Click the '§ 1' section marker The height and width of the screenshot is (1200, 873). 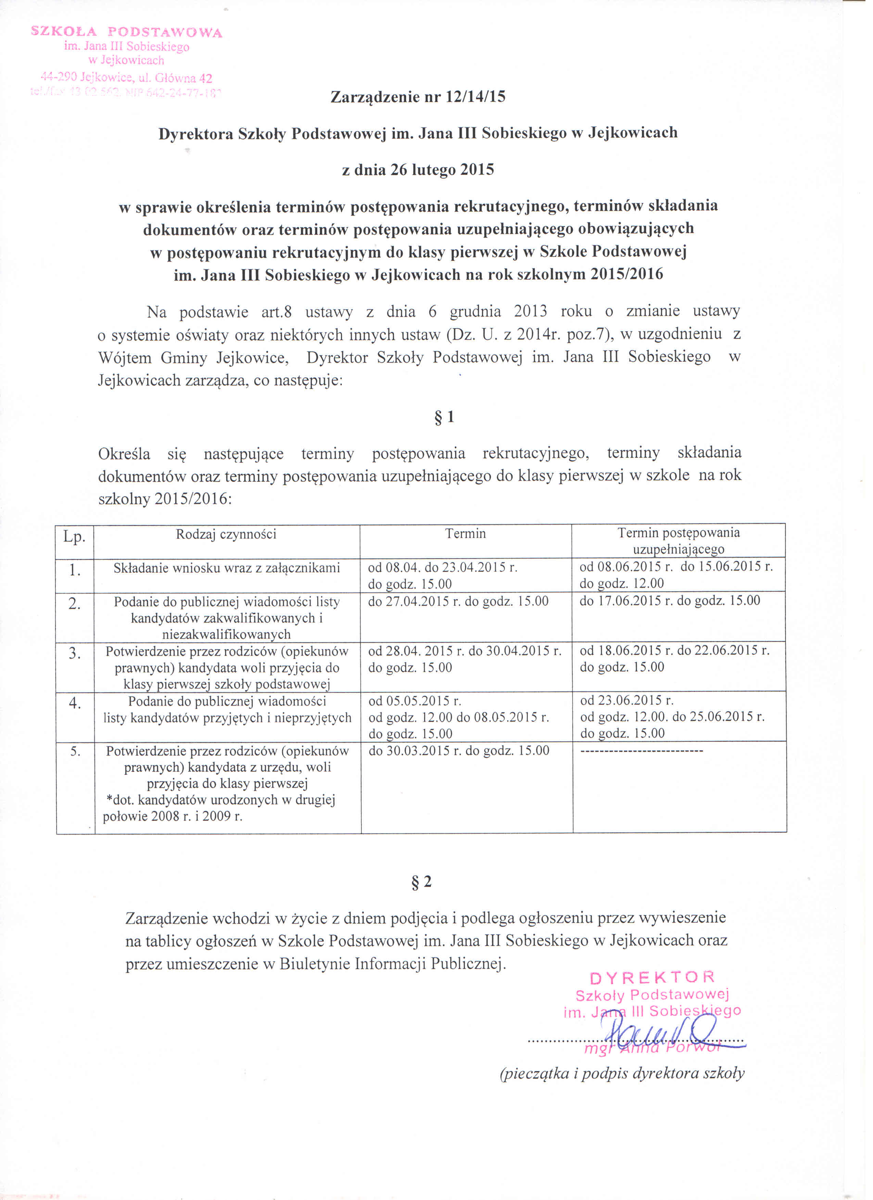click(x=444, y=418)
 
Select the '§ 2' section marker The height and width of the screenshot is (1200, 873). click(x=422, y=881)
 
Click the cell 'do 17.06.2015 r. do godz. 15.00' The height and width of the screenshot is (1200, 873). click(x=670, y=601)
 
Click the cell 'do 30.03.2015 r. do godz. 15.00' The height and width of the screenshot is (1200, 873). click(x=459, y=750)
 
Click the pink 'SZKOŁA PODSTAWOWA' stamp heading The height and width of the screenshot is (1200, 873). click(x=127, y=32)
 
